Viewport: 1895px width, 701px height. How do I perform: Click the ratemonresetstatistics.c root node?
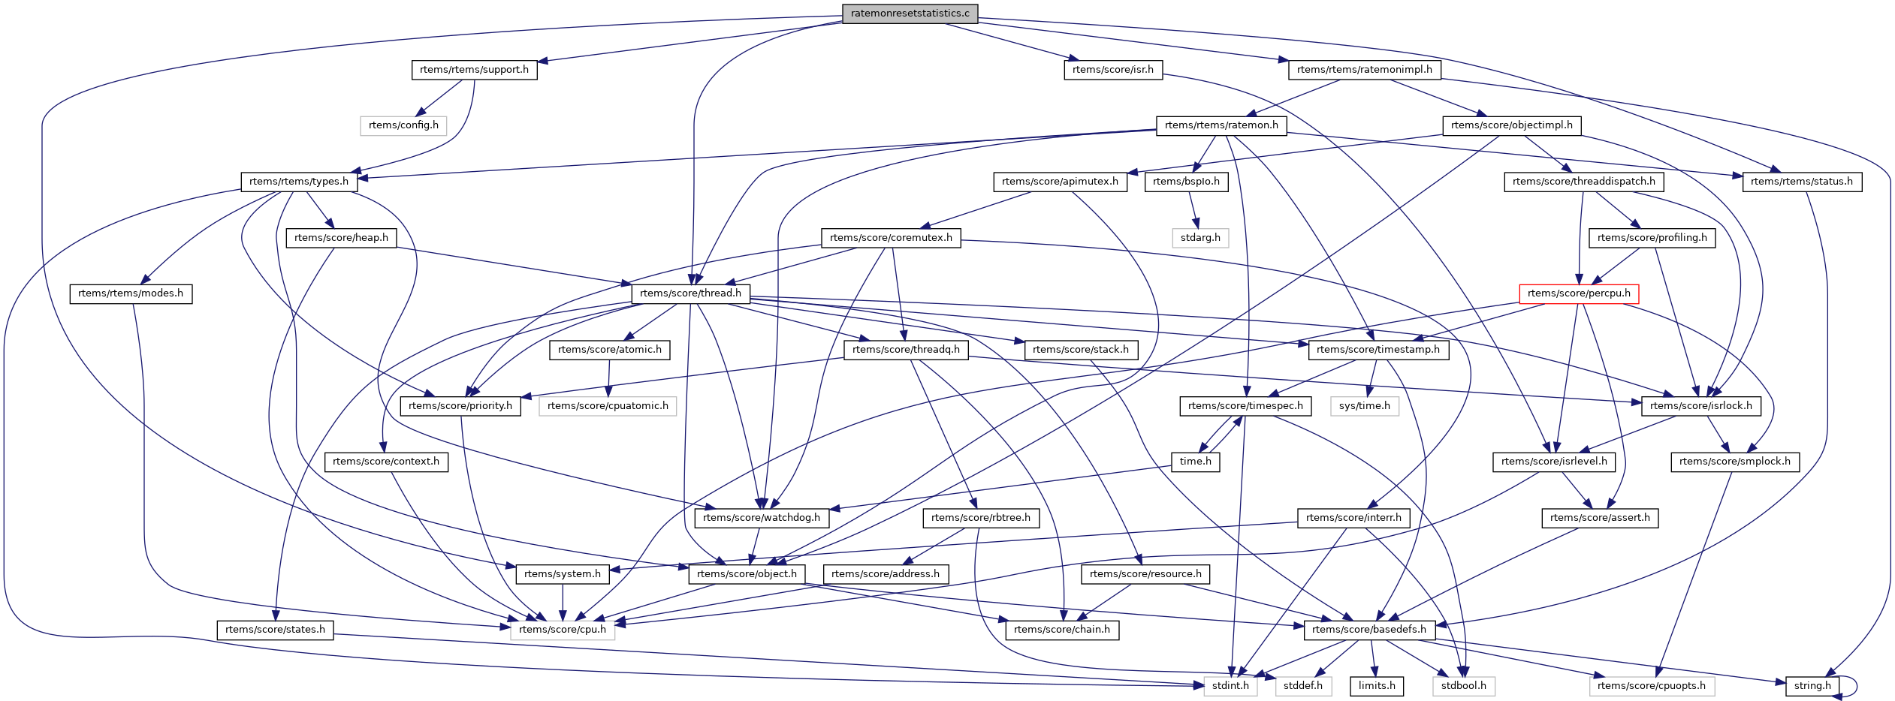[910, 14]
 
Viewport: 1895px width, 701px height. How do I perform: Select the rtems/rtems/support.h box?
[474, 70]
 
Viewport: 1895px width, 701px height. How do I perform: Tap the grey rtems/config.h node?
[403, 125]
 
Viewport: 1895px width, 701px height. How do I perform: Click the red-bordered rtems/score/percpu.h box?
[1578, 293]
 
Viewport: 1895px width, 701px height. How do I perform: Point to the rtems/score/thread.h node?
[690, 293]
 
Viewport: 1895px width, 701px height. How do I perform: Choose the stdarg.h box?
[1199, 238]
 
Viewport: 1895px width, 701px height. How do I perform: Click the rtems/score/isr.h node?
[1112, 70]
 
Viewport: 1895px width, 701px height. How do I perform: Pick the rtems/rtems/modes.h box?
[131, 293]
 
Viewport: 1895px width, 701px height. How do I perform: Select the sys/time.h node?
[1364, 406]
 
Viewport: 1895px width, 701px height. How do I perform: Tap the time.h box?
[1195, 462]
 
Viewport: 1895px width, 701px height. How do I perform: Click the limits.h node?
[1376, 686]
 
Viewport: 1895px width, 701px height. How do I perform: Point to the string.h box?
[1812, 686]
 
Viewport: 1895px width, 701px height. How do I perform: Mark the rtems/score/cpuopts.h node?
[1651, 686]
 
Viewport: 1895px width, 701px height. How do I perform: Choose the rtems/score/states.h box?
[275, 630]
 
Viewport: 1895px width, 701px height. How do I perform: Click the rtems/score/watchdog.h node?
[762, 518]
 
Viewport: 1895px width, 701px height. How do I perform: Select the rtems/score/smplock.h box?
[1734, 462]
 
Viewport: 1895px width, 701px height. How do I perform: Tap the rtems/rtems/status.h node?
[1801, 182]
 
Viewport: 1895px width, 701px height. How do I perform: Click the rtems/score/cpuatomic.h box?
[608, 406]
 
